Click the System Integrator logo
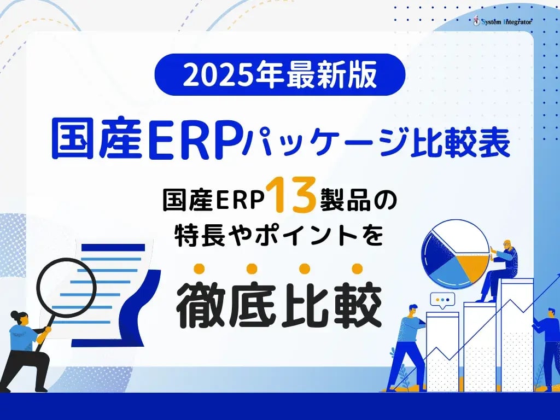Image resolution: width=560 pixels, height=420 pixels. pos(503,22)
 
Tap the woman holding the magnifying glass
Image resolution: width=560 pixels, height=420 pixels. pos(27,350)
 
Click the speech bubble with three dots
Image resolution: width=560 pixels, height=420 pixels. pos(442,301)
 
